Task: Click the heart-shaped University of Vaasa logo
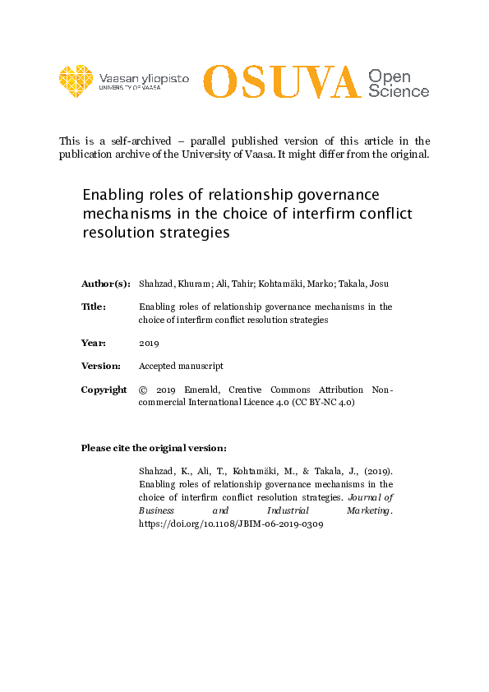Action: click(x=76, y=81)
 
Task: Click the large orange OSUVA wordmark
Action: click(x=281, y=81)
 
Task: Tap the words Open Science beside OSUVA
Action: click(x=398, y=83)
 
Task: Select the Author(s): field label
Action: click(x=105, y=284)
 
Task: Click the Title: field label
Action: click(x=93, y=307)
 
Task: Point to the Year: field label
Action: click(x=93, y=343)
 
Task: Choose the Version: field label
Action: click(x=101, y=366)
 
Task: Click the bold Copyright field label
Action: click(x=104, y=390)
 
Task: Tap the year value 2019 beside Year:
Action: click(x=149, y=343)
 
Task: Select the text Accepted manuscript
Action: click(x=180, y=366)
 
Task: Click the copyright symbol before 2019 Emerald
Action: click(x=143, y=390)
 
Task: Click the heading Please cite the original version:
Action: click(x=154, y=448)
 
